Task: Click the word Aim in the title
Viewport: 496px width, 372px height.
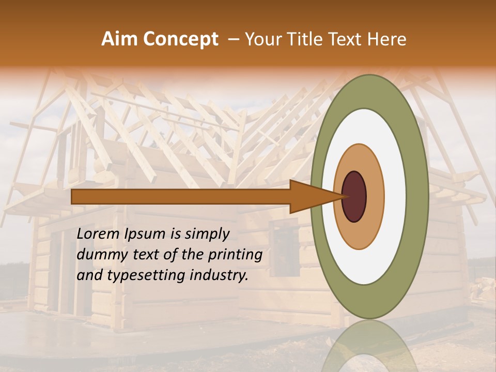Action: [x=120, y=39]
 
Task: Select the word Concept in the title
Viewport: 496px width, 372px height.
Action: [x=180, y=39]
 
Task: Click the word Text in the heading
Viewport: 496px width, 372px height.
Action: [x=347, y=39]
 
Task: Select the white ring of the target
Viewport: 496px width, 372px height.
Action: [x=395, y=196]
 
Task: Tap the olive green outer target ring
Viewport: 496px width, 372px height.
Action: [x=417, y=196]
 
